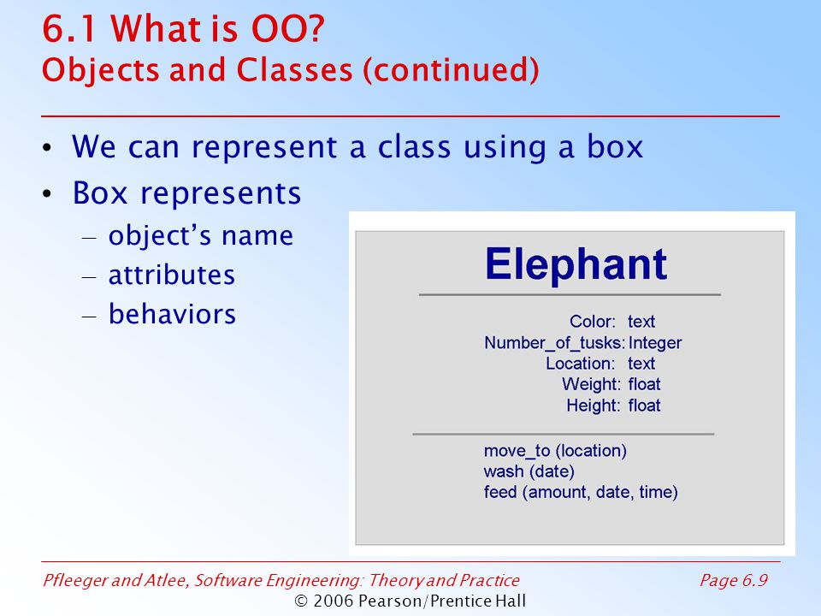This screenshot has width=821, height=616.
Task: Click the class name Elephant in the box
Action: point(576,264)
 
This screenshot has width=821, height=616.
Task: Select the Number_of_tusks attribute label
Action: point(554,342)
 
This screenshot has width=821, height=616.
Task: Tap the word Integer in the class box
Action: point(655,342)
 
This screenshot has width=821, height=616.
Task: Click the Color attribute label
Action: point(593,321)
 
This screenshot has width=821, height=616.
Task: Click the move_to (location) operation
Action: point(555,451)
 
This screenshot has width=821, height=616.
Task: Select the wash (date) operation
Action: point(529,471)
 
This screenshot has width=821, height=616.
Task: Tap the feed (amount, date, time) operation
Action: point(581,493)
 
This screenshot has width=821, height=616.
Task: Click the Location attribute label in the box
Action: point(581,364)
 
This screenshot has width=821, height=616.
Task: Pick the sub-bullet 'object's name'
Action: point(200,236)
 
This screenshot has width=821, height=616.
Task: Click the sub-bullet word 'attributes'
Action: point(172,275)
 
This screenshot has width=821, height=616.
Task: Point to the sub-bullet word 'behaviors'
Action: point(172,314)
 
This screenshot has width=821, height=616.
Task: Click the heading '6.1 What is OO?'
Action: point(183,29)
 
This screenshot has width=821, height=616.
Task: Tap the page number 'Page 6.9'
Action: point(734,580)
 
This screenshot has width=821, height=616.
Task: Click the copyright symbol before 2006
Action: point(301,601)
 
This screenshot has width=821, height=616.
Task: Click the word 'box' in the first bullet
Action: point(615,146)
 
